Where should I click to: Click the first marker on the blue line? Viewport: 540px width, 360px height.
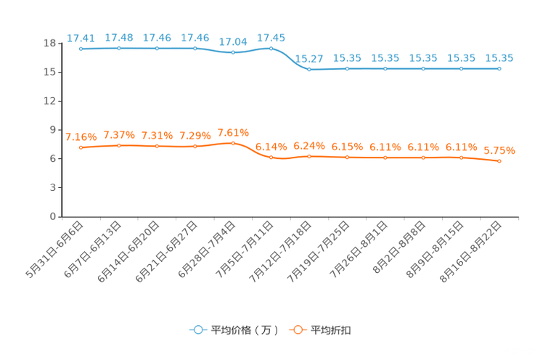(x=81, y=49)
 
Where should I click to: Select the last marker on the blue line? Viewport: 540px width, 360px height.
(x=499, y=69)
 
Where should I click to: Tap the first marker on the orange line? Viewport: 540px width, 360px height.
(x=81, y=147)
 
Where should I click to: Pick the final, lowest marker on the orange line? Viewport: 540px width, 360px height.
(x=499, y=161)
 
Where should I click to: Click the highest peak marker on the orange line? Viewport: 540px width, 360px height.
(x=233, y=143)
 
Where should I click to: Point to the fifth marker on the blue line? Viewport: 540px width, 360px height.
(x=233, y=53)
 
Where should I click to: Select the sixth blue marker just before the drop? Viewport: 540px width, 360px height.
(x=271, y=49)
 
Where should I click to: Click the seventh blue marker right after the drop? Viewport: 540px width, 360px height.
(x=309, y=70)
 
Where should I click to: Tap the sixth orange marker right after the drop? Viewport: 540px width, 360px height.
(x=271, y=157)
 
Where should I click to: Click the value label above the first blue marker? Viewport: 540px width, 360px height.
(x=81, y=38)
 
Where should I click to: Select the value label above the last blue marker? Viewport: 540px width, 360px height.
(x=499, y=58)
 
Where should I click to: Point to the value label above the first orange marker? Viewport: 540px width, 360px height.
(x=81, y=136)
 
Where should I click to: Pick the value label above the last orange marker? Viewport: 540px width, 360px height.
(x=499, y=150)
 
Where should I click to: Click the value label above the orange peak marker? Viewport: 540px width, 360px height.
(x=233, y=132)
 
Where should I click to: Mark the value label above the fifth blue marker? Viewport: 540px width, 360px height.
(x=233, y=42)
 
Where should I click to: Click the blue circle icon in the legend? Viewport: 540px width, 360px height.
(x=197, y=330)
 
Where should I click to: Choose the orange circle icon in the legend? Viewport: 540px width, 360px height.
(x=297, y=330)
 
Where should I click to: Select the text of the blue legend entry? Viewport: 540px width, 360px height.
(x=245, y=330)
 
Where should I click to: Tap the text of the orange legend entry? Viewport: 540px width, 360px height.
(x=332, y=330)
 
